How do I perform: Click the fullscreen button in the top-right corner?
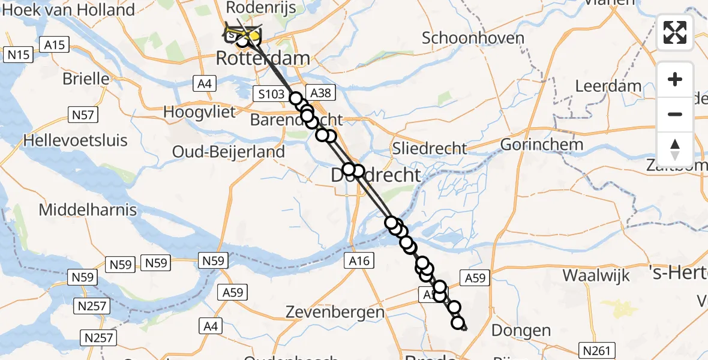coord(675,32)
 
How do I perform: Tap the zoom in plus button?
coord(675,80)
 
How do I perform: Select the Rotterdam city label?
coord(262,59)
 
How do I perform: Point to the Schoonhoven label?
coord(473,38)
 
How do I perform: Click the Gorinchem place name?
coord(541,145)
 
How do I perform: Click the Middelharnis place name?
coord(88,211)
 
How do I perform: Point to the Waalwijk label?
coord(596,276)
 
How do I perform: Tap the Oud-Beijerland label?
coord(228,152)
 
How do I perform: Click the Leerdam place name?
coord(608,86)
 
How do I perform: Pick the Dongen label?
coord(512,330)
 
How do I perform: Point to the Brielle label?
coord(86,79)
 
